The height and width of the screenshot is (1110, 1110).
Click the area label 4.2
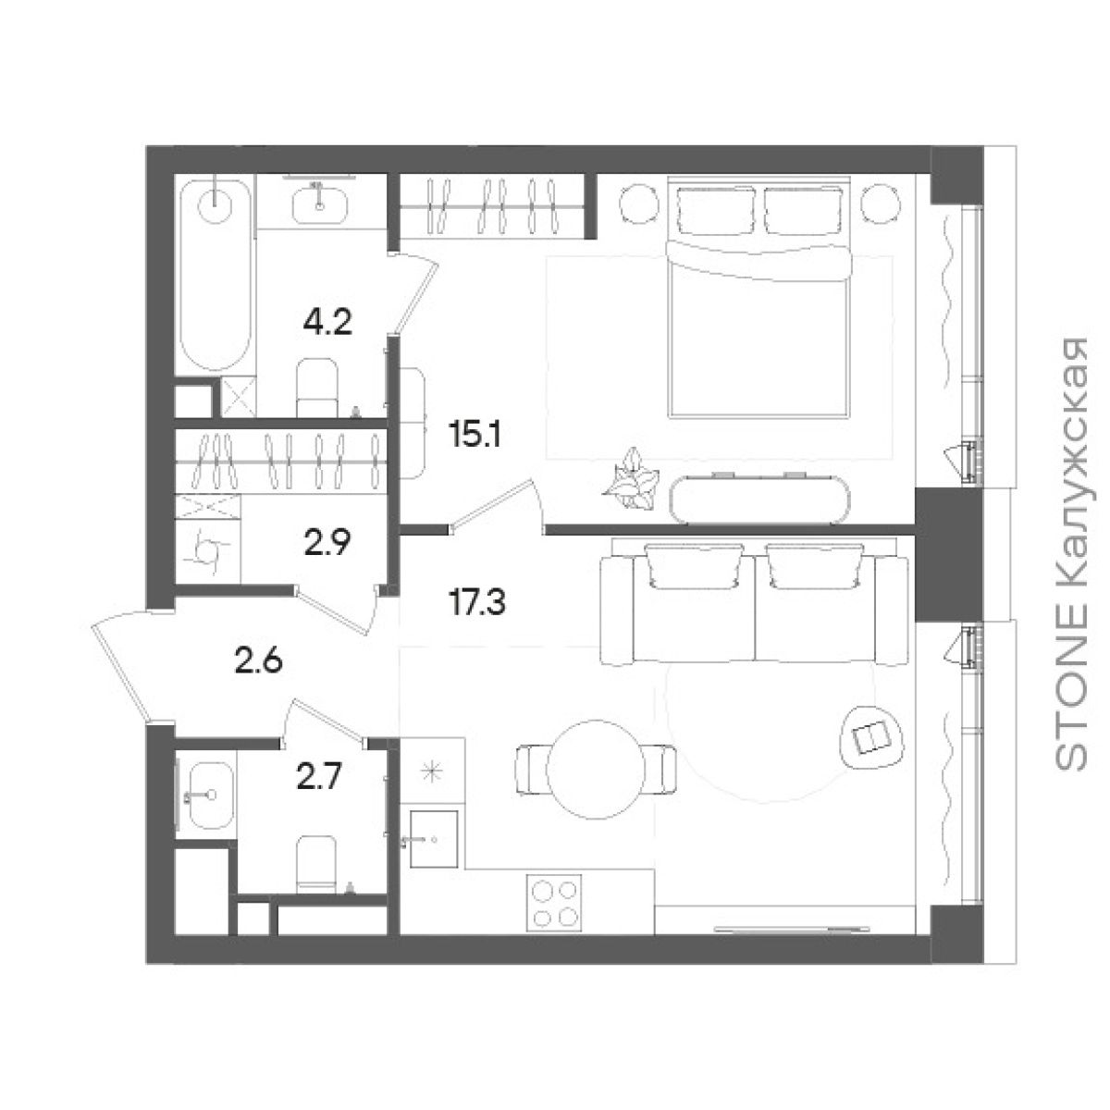tap(327, 324)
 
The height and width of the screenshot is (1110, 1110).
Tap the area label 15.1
tap(475, 436)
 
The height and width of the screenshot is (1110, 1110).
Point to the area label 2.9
tap(327, 543)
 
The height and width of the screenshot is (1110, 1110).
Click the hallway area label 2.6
tap(259, 662)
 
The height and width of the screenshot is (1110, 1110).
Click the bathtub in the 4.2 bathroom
tap(215, 276)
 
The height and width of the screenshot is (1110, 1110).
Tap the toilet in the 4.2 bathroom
tap(317, 388)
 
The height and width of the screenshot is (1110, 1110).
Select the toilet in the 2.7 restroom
tap(316, 866)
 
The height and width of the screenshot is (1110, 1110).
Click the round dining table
tap(595, 769)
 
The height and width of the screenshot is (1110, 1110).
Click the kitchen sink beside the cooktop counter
tap(434, 840)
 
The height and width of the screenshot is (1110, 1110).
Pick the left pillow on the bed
tap(715, 209)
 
